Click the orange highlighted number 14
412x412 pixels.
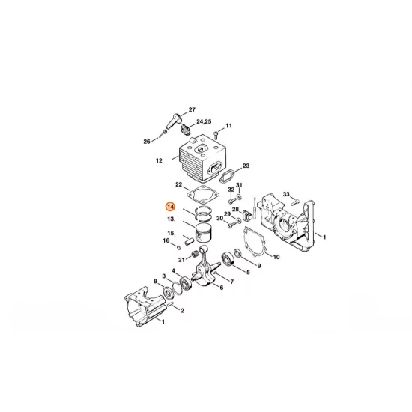click(x=171, y=205)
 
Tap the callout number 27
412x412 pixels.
click(x=191, y=109)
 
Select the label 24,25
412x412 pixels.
click(x=203, y=121)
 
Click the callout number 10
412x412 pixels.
click(x=276, y=257)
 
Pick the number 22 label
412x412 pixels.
click(x=178, y=184)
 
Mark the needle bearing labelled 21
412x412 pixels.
click(x=196, y=256)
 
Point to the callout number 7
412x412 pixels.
click(x=231, y=282)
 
